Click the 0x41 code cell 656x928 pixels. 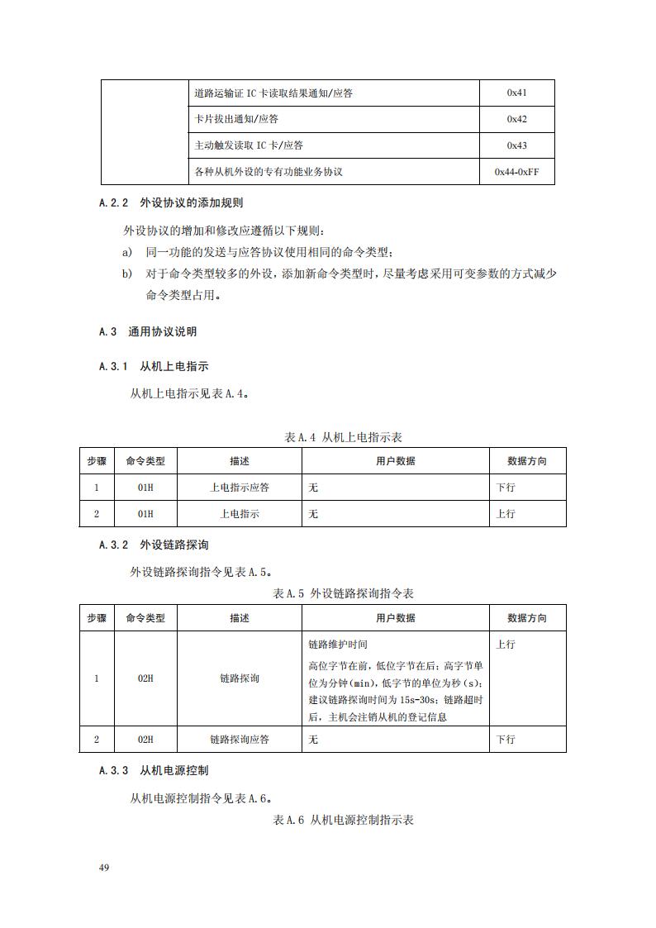click(516, 93)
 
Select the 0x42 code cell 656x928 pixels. click(516, 120)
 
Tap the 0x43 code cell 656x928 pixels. click(516, 145)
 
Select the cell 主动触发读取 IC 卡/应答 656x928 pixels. click(248, 145)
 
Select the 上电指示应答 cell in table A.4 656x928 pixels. click(240, 488)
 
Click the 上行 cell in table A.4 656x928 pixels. click(506, 514)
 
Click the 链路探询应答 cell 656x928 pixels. click(240, 740)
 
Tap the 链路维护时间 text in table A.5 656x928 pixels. click(337, 644)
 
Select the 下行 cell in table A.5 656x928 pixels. click(506, 740)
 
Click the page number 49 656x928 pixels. click(104, 868)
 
